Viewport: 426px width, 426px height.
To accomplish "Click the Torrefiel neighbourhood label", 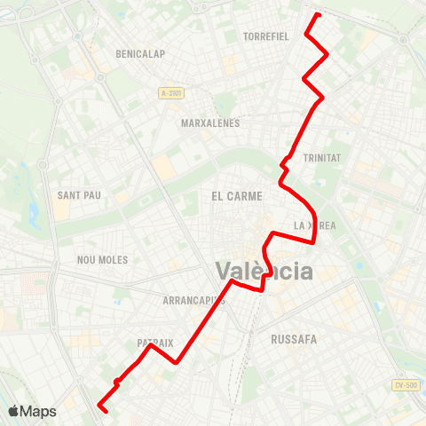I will tap(265, 36).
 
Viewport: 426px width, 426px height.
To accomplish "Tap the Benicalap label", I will tap(140, 54).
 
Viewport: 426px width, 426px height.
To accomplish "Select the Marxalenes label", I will tap(210, 123).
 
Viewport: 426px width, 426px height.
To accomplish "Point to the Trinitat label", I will tap(322, 157).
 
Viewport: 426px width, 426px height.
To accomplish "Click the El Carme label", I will tap(233, 194).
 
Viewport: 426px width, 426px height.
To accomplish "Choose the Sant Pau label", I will tap(77, 194).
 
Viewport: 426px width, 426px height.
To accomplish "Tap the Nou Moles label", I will tap(103, 260).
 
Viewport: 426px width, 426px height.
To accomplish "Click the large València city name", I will tap(265, 271).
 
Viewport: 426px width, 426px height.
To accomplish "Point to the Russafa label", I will tap(294, 338).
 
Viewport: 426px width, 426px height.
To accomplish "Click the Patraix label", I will tap(154, 342).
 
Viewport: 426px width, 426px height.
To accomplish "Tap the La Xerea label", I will tap(315, 225).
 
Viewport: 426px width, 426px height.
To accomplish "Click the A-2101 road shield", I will tap(172, 93).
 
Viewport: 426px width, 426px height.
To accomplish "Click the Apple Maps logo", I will tap(32, 411).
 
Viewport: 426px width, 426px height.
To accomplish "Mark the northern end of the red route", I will tap(318, 14).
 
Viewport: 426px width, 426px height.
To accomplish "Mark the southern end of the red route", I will tap(105, 411).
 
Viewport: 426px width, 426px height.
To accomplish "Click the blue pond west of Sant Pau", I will tap(33, 214).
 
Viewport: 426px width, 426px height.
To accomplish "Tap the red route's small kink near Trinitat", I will tap(284, 162).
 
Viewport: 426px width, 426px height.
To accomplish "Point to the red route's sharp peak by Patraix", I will tap(150, 345).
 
